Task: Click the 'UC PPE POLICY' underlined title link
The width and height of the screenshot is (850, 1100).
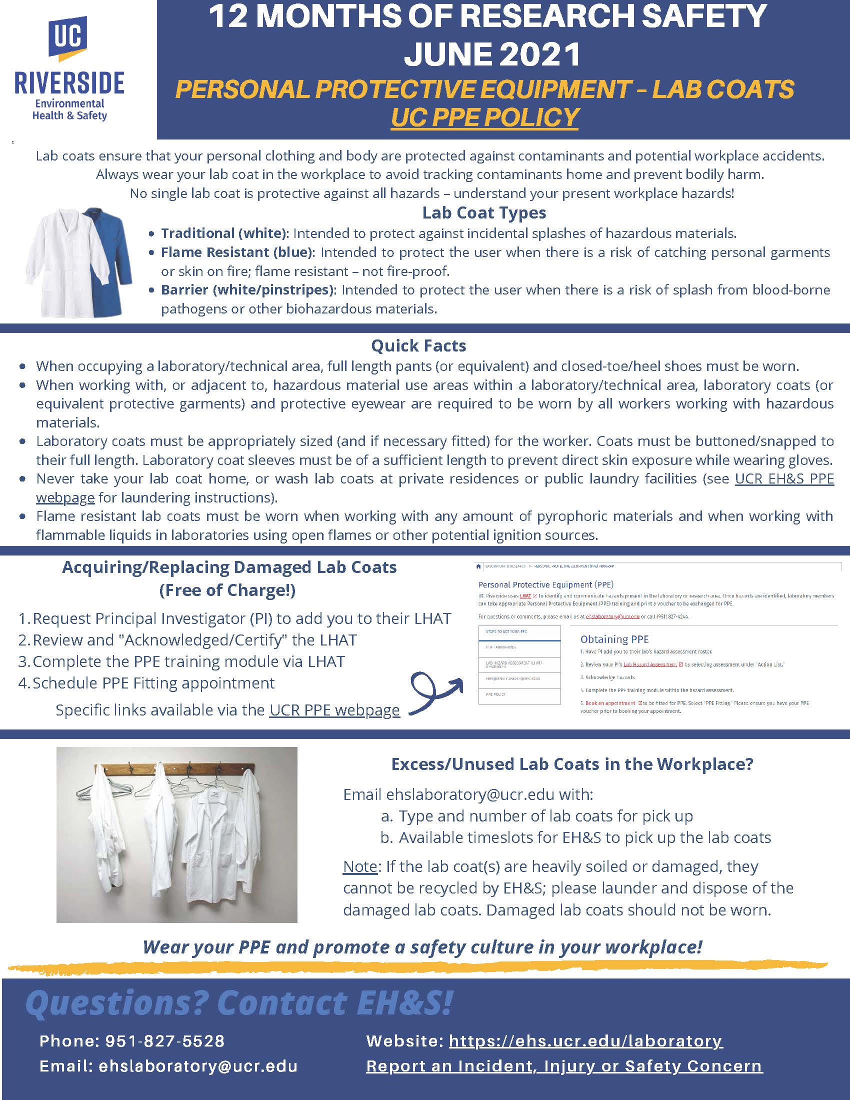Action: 484,118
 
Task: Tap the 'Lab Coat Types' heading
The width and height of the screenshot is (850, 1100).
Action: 484,213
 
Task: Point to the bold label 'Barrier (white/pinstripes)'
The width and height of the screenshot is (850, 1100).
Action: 249,290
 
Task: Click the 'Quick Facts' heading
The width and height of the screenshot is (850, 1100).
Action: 418,346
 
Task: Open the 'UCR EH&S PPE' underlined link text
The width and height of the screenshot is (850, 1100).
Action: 784,478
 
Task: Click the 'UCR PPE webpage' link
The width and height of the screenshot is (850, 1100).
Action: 334,710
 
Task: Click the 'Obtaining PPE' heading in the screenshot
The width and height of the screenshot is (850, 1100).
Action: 614,639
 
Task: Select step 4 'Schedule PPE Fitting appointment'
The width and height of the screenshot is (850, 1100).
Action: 153,683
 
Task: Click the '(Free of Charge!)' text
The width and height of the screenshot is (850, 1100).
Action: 227,590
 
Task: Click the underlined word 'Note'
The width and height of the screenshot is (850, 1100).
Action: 359,866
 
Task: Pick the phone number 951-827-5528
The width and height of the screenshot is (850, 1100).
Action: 164,1040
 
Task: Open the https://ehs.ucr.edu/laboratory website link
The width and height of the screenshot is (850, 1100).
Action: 585,1040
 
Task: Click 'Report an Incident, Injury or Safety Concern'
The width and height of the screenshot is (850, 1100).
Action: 564,1066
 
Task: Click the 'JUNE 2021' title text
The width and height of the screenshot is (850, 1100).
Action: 492,54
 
